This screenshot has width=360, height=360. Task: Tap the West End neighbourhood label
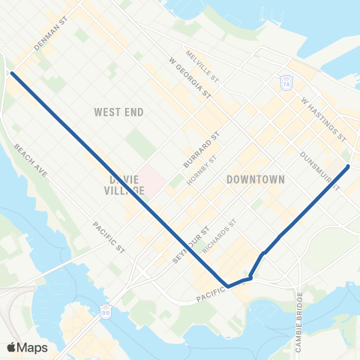point(118,112)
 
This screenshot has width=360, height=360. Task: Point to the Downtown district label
point(256,180)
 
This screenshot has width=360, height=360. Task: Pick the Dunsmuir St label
point(316,164)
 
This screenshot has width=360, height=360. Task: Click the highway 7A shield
point(286,82)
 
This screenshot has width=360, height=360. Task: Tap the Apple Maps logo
point(27,347)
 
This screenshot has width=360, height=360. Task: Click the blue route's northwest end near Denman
point(13,73)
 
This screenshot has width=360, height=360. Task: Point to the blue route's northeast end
point(349,166)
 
